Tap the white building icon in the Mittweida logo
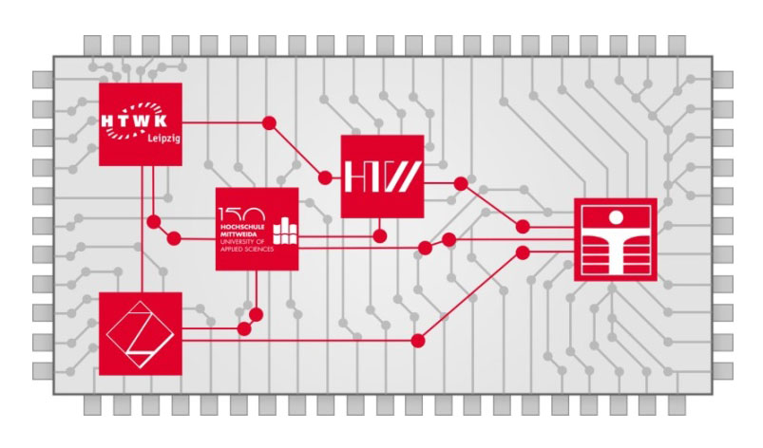coord(283,229)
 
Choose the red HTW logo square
coord(381,176)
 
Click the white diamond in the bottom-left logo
coord(141,334)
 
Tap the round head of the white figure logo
coord(615,212)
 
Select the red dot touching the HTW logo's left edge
coord(326,177)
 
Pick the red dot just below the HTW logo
coord(380,234)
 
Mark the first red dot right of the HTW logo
coord(461,183)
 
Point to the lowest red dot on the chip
coord(417,340)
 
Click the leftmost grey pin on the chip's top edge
coord(93,45)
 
